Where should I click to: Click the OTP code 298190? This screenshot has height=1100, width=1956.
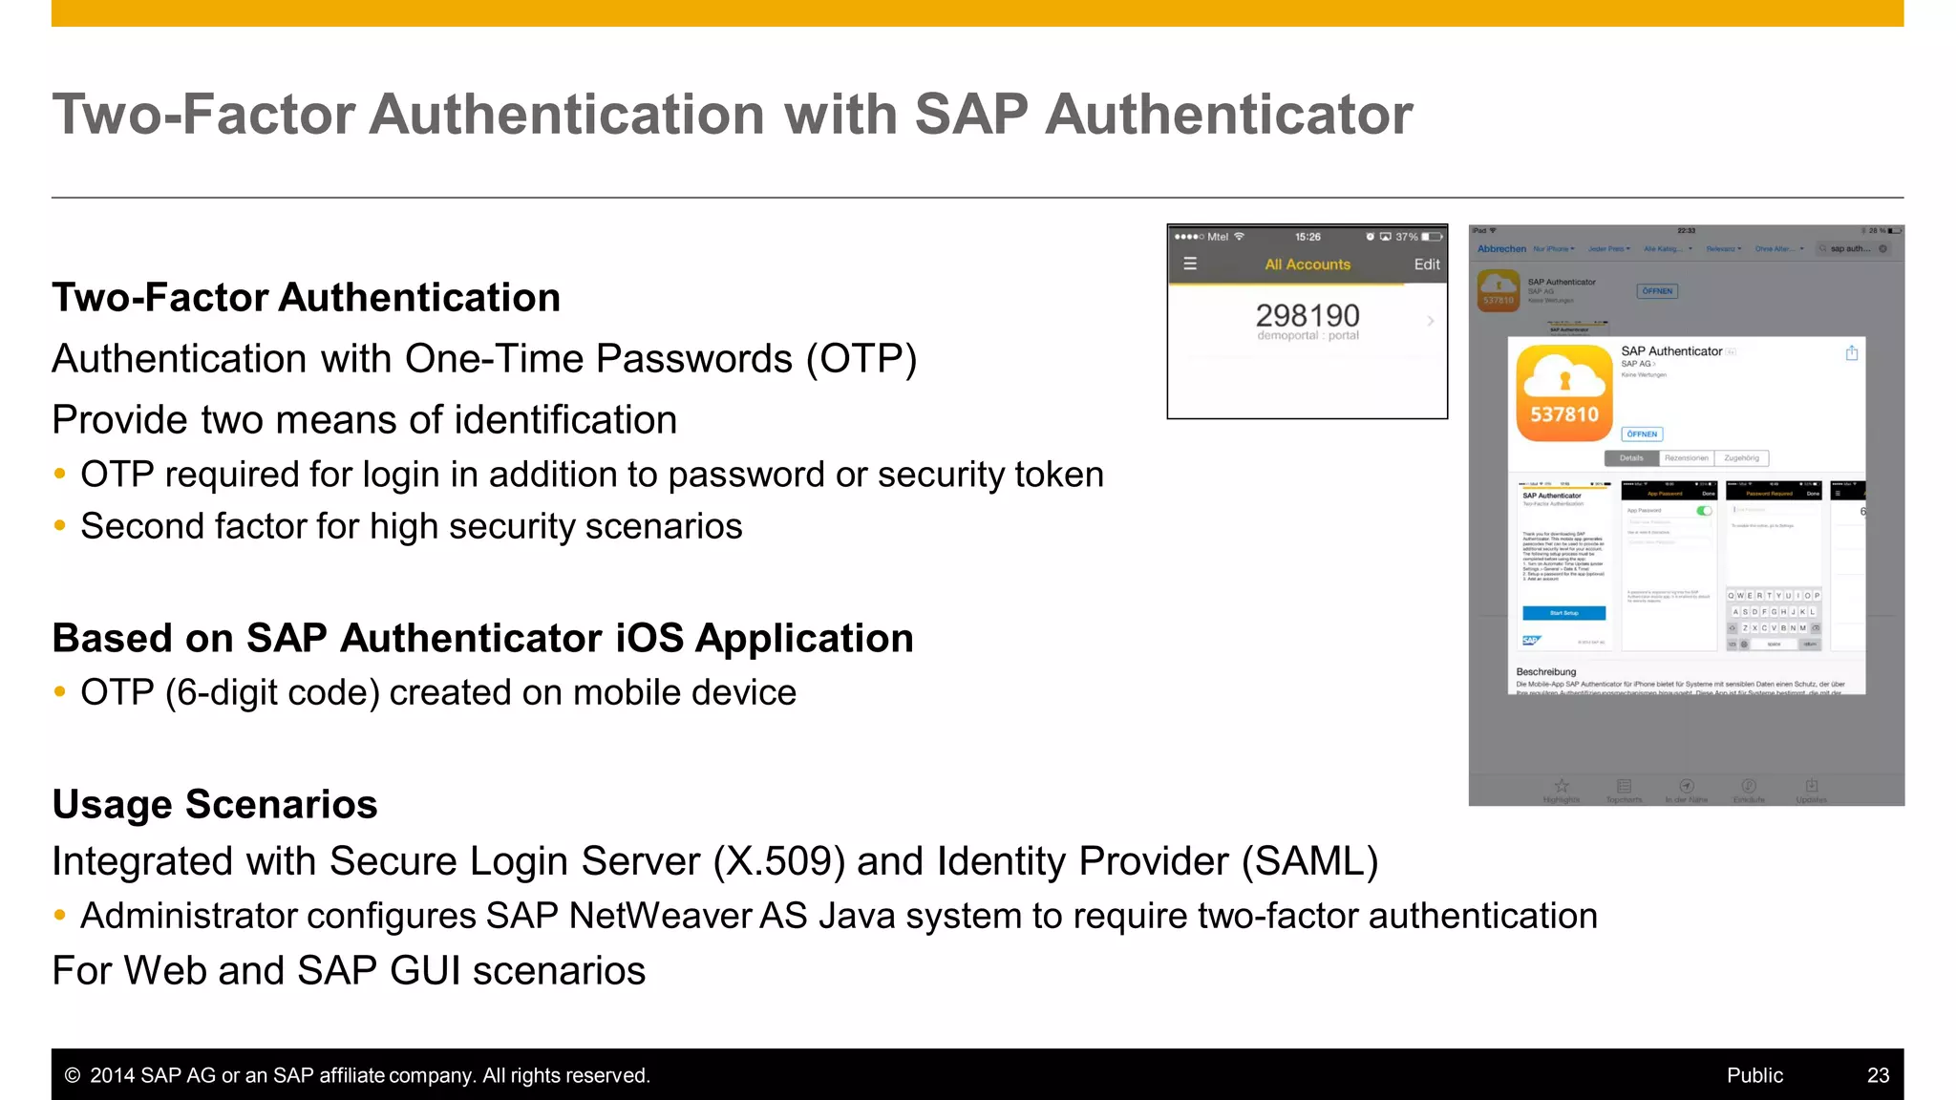(1307, 316)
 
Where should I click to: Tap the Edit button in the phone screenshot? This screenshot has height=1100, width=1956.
(1427, 264)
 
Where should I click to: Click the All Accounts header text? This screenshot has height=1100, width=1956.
(1308, 264)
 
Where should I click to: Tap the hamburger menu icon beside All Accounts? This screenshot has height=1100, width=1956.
(1190, 264)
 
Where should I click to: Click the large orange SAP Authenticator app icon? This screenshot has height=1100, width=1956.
(1563, 393)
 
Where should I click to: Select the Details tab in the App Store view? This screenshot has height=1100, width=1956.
(1631, 458)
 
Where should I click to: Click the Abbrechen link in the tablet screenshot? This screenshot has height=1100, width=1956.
(1501, 249)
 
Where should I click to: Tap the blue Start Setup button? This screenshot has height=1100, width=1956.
(1563, 613)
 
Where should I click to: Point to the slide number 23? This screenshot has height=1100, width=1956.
(1878, 1075)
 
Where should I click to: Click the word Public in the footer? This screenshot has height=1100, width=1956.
(1754, 1075)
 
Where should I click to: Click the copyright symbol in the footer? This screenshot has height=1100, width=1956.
(72, 1075)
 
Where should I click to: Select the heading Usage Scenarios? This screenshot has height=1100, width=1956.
(215, 804)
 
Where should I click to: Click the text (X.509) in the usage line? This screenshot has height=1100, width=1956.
(778, 861)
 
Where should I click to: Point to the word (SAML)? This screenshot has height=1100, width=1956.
(1309, 861)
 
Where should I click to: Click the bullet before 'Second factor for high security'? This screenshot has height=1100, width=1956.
(60, 526)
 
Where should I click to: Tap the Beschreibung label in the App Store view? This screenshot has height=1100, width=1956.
(1545, 672)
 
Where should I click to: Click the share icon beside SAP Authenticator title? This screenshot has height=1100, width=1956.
(1851, 353)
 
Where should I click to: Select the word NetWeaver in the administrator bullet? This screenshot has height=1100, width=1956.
(660, 916)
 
